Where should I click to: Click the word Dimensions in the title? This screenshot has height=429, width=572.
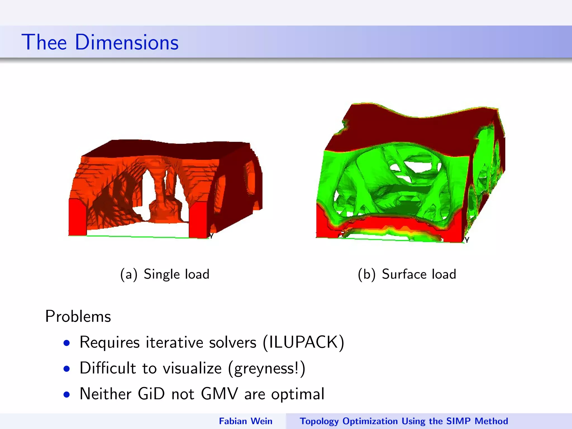coord(127,42)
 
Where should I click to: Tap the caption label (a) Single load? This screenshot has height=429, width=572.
coord(165,274)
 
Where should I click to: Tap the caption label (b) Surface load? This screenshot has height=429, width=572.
coord(407,274)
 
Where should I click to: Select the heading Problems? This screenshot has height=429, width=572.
coord(78,316)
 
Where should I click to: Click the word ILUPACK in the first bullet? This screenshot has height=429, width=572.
coord(304,342)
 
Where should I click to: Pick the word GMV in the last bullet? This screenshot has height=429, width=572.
coord(219,394)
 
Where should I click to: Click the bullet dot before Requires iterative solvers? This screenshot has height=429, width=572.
coord(66,343)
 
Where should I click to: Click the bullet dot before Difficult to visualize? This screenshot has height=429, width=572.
coord(66,369)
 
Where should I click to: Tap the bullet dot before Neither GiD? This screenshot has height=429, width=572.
coord(66,395)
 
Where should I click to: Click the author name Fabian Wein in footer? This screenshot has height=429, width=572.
coord(246,421)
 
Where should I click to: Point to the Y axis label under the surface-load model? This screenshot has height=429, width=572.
coord(467,240)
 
